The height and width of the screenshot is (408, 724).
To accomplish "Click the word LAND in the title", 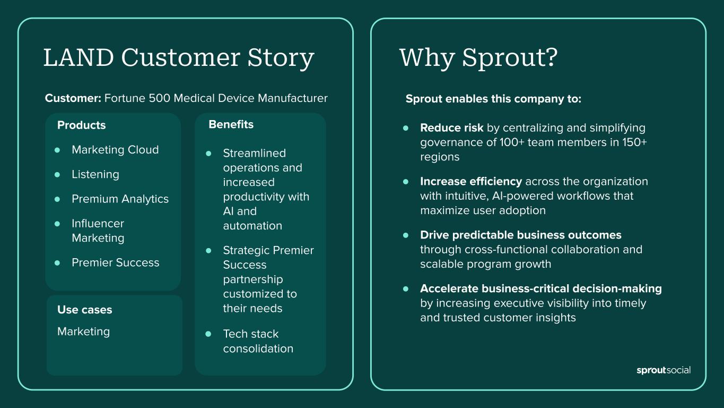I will coord(78,57).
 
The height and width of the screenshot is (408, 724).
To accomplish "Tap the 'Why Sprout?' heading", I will coord(478,57).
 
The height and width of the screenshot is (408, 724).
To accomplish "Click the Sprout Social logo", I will coord(663,370).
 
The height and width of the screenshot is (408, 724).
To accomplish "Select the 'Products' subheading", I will coord(81,125).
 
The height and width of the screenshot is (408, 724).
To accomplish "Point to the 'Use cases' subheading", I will coord(84,310).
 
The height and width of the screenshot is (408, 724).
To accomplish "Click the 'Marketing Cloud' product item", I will coord(115,150).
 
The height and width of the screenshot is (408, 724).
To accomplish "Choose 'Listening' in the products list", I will coord(95,174).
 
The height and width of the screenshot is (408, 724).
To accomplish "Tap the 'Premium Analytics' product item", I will coord(120,199).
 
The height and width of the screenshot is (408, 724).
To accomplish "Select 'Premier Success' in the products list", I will coord(115,262).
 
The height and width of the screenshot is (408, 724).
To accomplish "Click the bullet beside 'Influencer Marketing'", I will coord(58,224).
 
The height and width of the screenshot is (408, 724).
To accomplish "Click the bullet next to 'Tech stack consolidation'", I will coord(208,334).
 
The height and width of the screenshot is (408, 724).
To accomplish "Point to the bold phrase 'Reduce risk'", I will coord(451,128).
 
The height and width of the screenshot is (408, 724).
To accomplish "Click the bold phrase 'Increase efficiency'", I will coord(471,181).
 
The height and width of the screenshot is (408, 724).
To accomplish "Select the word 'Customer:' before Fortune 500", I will coord(73,98).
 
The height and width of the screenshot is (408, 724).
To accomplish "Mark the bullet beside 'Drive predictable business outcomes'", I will coord(406,235).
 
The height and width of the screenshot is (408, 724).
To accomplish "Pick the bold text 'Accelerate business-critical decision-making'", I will coord(540,288).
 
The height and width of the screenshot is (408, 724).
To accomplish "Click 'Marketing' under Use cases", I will coord(83,331).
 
